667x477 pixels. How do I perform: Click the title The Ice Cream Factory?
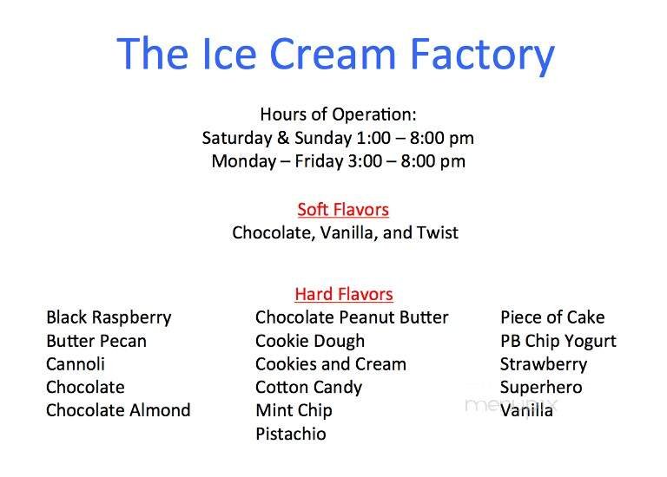click(335, 54)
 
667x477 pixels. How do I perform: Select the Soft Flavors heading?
click(342, 209)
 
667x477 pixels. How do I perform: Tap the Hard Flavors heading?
click(343, 294)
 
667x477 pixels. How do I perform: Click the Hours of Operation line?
click(338, 114)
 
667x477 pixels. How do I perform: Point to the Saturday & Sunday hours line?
click(338, 138)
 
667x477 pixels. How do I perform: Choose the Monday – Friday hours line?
click(338, 161)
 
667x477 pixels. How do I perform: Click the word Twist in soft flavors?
click(436, 232)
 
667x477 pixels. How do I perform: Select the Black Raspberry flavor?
click(109, 317)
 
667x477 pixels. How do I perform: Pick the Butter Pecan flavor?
click(96, 341)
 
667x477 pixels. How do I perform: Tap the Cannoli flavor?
click(76, 364)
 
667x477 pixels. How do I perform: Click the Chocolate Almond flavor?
click(118, 410)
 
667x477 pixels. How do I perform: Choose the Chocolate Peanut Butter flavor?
click(352, 317)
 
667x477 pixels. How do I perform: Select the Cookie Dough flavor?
click(310, 341)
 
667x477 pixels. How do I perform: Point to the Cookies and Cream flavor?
click(330, 364)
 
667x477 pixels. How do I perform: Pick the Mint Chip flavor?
click(294, 410)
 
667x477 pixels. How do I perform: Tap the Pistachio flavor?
click(291, 434)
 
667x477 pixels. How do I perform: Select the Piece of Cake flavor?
click(552, 317)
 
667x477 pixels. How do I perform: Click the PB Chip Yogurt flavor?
click(558, 341)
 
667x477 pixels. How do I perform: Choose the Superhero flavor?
click(541, 388)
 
